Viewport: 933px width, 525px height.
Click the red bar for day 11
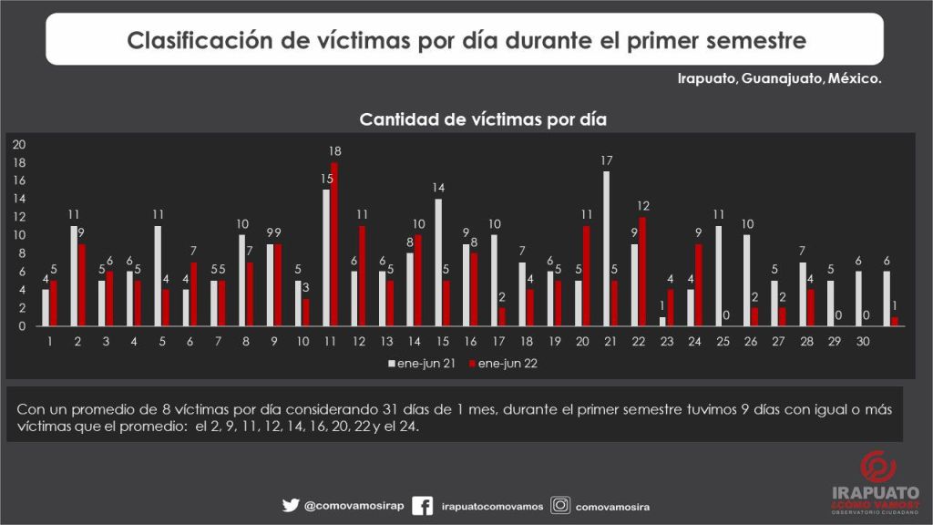pyautogui.click(x=334, y=244)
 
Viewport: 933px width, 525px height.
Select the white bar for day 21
pyautogui.click(x=606, y=249)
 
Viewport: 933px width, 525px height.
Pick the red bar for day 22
pyautogui.click(x=642, y=272)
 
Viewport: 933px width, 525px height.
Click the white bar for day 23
pyautogui.click(x=662, y=322)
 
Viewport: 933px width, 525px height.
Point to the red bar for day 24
pyautogui.click(x=699, y=285)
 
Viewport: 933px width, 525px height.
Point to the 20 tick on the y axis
pyautogui.click(x=19, y=144)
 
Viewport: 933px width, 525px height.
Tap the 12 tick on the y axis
pyautogui.click(x=19, y=217)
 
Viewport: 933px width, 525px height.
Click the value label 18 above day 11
pyautogui.click(x=335, y=151)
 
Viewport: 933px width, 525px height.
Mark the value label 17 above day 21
pyautogui.click(x=607, y=160)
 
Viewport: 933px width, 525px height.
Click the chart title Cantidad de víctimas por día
pyautogui.click(x=483, y=118)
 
